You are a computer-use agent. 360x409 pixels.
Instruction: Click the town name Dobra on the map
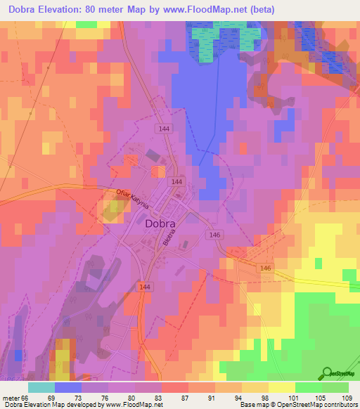coord(161,224)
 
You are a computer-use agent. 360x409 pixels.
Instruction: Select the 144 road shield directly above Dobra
coord(177,181)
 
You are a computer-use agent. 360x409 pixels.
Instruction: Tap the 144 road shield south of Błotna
coord(145,287)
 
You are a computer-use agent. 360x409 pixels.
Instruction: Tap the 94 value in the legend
coord(239,397)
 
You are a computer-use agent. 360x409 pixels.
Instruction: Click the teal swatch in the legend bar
coord(41,387)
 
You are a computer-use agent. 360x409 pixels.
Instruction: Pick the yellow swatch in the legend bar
coord(282,387)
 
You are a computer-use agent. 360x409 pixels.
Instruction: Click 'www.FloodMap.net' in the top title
coord(214,9)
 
